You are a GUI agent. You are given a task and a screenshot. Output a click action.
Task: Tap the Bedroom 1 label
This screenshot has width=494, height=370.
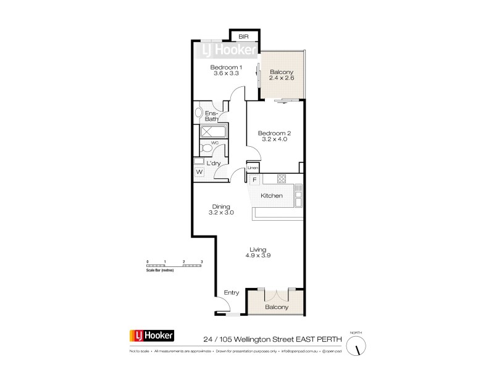tap(226, 67)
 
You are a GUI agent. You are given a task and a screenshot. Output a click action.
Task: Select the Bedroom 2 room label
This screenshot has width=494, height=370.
tap(274, 133)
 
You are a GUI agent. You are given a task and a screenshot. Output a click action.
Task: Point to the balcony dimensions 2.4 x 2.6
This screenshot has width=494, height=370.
tap(282, 79)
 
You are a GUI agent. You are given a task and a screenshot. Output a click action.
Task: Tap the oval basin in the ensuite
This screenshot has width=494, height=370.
tap(199, 113)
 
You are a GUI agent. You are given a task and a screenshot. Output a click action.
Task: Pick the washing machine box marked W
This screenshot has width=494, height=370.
tap(199, 172)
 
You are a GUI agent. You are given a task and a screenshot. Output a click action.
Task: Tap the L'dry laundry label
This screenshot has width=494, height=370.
tap(214, 163)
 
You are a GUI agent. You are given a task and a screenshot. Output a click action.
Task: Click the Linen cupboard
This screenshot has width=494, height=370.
tap(253, 168)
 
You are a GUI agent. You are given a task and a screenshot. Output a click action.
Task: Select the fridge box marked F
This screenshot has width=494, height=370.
tap(254, 180)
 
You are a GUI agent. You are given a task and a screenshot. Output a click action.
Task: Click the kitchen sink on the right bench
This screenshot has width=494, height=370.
tap(298, 198)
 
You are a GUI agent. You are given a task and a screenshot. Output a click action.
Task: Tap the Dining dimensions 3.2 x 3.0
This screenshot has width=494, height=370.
tap(221, 213)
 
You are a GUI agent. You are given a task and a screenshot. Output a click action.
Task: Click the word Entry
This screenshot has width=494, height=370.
tap(231, 293)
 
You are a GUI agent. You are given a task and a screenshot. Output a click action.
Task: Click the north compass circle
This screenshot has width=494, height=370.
tap(356, 347)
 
